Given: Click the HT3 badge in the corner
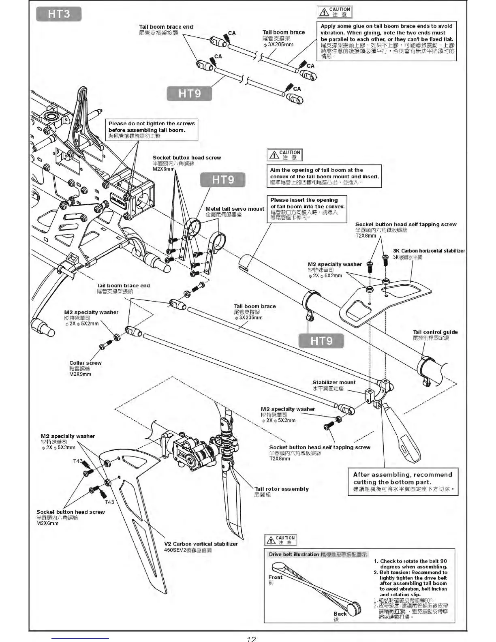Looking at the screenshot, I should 59,14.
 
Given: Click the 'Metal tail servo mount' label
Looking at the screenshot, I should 235,209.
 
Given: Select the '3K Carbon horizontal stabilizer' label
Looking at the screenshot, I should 429,251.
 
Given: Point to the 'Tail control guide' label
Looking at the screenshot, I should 435,332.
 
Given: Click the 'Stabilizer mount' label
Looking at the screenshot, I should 334,383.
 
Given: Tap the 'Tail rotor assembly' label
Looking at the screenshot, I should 281,489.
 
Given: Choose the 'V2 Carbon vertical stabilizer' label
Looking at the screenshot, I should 201,544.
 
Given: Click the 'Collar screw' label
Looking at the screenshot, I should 86,363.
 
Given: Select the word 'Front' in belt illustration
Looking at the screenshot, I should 276,577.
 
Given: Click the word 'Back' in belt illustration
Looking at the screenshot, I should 340,614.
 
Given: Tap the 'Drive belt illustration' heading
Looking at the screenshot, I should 294,554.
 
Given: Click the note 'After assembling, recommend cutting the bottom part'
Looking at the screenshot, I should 402,478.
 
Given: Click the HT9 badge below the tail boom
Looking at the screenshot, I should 321,341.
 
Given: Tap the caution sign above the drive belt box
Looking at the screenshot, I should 280,540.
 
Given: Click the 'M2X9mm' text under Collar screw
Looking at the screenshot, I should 80,374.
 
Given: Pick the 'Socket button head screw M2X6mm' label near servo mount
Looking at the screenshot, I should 187,158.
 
